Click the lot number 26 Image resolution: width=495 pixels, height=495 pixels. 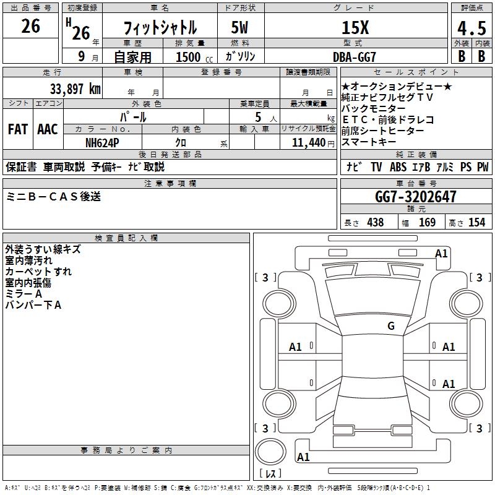click(x=30, y=27)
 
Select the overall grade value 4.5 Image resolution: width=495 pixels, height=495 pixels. click(x=470, y=29)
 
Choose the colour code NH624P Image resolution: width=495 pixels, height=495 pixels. click(x=101, y=142)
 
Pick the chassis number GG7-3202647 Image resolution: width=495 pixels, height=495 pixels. click(x=415, y=197)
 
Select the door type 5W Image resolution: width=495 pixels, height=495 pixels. click(x=241, y=28)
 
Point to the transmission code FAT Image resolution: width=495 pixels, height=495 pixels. click(x=18, y=129)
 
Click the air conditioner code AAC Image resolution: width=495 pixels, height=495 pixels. click(x=48, y=129)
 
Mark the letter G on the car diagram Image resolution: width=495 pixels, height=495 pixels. click(x=390, y=326)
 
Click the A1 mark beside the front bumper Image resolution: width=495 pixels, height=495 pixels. click(x=441, y=253)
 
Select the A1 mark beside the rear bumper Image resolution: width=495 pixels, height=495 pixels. click(x=303, y=457)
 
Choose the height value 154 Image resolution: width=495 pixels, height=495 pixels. click(x=476, y=222)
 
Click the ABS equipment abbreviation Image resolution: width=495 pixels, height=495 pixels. click(x=398, y=167)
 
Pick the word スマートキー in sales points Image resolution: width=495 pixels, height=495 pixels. click(x=369, y=142)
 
